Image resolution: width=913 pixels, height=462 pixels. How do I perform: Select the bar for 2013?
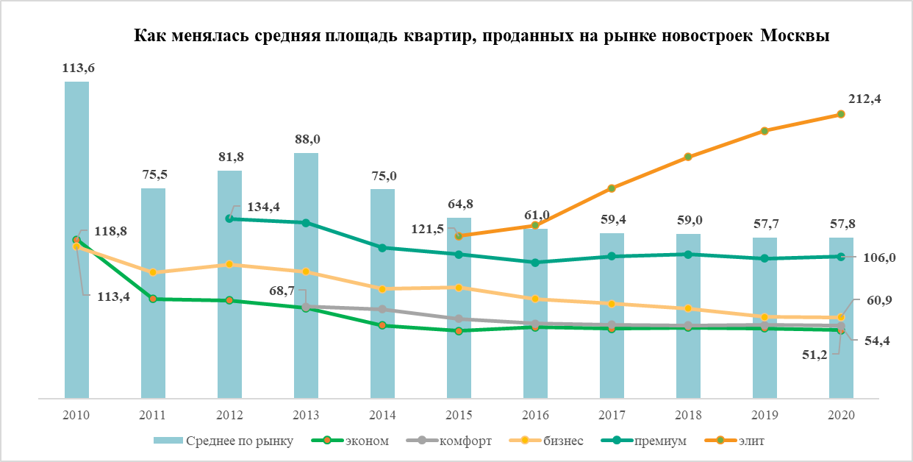coord(306,276)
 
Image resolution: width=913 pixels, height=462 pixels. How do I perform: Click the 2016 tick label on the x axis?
coord(535,415)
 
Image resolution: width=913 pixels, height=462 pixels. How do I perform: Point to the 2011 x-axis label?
coord(153,415)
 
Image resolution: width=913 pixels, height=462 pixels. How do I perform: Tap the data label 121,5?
coord(427,230)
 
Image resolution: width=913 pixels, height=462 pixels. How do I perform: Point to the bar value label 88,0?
coord(306,139)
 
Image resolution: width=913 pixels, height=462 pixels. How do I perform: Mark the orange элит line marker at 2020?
coord(841,115)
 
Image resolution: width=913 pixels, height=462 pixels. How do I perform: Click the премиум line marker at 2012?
coord(229,218)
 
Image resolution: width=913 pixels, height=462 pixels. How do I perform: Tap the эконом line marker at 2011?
coord(153,299)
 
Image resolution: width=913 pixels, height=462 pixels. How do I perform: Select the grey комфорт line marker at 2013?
coord(306,306)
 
